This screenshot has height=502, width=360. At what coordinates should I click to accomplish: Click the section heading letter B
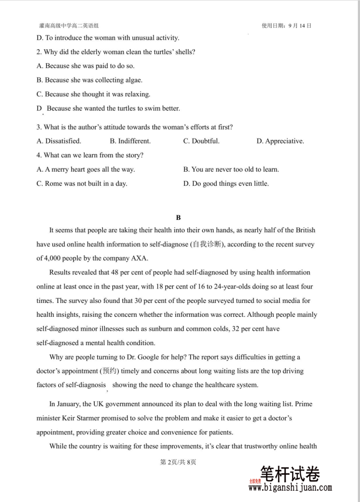point(179,217)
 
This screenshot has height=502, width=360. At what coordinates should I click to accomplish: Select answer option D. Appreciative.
point(280,141)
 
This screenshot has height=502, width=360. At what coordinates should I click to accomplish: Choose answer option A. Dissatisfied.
point(59,141)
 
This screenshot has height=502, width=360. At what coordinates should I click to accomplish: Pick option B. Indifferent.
point(130,141)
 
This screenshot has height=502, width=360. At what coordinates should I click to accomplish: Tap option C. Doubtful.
point(201,141)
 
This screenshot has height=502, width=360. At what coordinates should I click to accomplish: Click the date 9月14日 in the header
point(299,25)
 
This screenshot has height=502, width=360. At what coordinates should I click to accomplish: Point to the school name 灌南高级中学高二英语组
point(69,25)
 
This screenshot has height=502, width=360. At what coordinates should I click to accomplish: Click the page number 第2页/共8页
point(179,462)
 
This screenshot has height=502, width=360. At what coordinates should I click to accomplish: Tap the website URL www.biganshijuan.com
point(290,488)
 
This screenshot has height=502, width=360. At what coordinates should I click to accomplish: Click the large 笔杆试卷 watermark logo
point(290,474)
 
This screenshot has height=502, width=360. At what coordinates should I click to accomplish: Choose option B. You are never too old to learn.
point(231,170)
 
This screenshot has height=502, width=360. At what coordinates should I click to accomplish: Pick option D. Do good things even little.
point(226,184)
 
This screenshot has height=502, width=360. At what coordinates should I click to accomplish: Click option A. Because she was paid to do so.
point(86,66)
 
